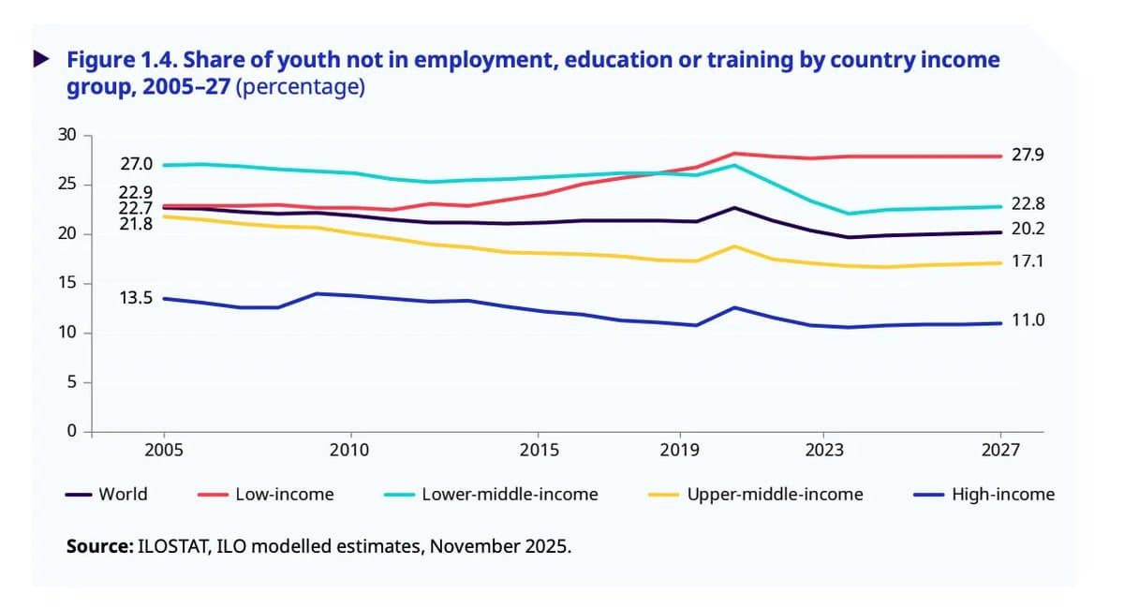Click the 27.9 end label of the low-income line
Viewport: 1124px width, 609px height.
pos(1028,155)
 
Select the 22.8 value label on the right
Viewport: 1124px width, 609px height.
pos(1028,204)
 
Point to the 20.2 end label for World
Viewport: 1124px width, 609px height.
pos(1028,230)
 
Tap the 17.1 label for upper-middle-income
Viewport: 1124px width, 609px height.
pos(1028,261)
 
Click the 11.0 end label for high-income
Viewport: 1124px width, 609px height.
pos(1028,320)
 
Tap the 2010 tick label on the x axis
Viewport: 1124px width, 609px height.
pos(350,450)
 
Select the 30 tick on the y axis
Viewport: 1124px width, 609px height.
pos(65,135)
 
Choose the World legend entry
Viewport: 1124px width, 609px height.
pos(123,494)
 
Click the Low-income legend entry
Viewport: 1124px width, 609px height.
pos(284,494)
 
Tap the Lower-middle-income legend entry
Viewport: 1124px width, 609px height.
pos(509,494)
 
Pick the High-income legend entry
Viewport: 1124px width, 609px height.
pos(1002,494)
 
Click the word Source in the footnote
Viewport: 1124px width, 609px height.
pos(97,545)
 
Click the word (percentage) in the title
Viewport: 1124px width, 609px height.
pos(301,88)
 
